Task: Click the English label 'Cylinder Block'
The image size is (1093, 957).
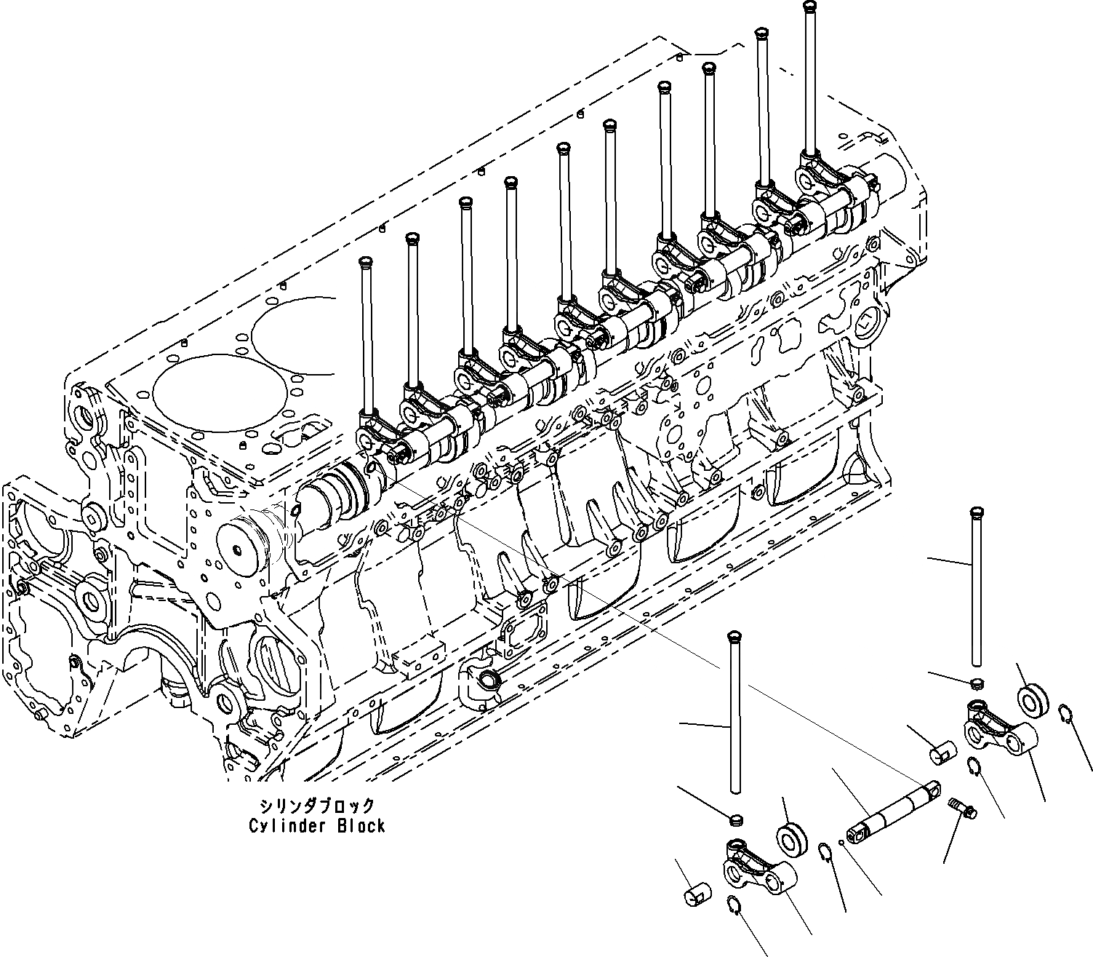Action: tap(316, 826)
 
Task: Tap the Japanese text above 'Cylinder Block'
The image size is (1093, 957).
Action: tap(318, 806)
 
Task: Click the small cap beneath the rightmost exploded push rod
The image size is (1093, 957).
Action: tap(978, 683)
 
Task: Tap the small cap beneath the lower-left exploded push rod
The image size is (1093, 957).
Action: tap(735, 820)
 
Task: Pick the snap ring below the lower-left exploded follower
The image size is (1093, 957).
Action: tap(734, 905)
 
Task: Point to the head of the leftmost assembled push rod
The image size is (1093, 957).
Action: tap(366, 261)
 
